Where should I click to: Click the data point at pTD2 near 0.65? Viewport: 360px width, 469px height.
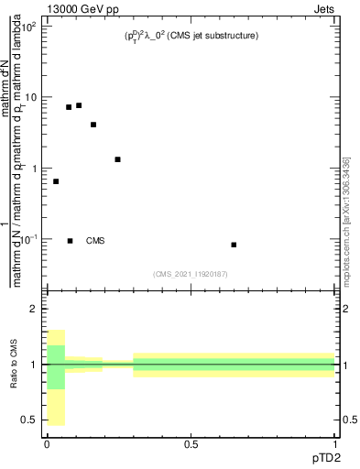pos(235,245)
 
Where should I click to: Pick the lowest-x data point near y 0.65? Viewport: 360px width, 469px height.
pos(56,181)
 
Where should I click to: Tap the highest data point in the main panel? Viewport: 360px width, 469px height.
pos(79,105)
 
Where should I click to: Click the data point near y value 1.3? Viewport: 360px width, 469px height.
pos(118,159)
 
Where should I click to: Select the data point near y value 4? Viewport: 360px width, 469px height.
pos(93,125)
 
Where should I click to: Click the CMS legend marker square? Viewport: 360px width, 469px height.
pos(71,241)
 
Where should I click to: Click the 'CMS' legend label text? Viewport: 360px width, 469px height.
pos(95,241)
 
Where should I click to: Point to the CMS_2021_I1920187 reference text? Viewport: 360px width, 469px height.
pos(191,273)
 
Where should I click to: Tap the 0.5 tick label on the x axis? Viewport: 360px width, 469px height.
pos(191,443)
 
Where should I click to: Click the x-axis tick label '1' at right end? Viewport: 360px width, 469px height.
pos(335,443)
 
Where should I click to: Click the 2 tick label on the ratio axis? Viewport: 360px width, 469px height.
pos(35,309)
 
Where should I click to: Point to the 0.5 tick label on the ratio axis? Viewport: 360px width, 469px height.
pos(31,420)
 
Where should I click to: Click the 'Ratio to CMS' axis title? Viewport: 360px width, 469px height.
pos(15,365)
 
